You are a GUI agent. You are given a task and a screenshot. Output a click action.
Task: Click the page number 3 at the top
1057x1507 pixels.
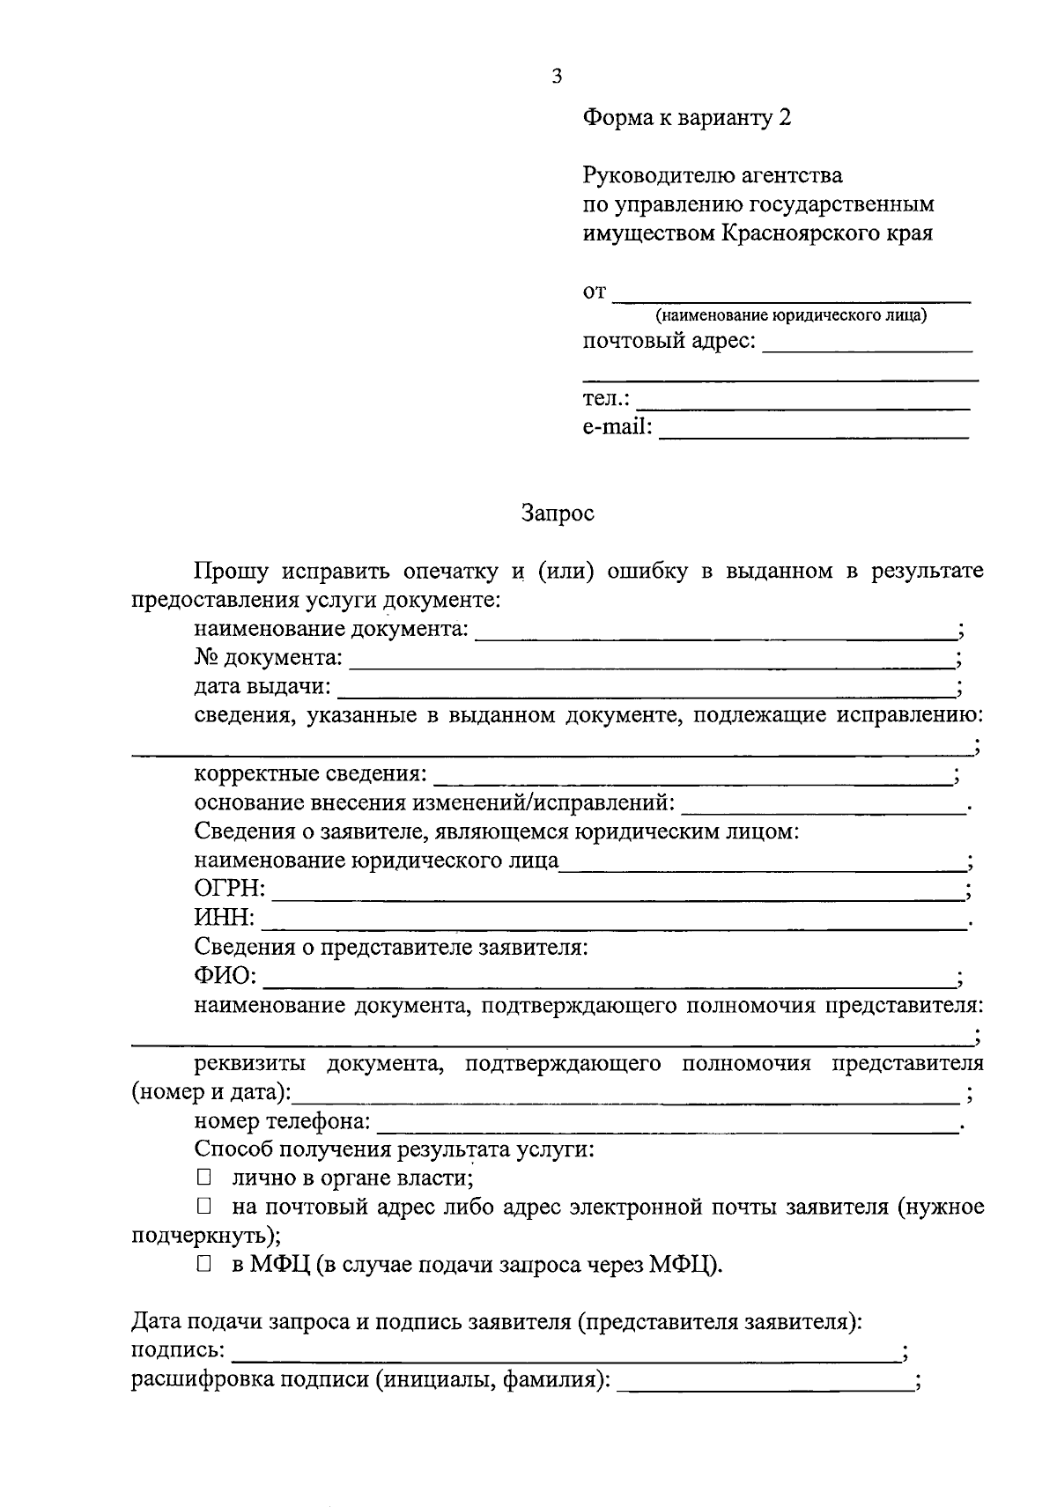[557, 76]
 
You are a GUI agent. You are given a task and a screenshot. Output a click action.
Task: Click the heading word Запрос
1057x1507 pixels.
[558, 513]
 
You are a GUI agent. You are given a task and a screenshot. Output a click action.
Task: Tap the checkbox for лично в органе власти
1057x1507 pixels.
[204, 1178]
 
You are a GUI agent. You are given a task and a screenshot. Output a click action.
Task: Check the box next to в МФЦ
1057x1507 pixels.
[204, 1265]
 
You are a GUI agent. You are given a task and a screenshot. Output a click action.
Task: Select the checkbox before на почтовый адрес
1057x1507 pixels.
[204, 1207]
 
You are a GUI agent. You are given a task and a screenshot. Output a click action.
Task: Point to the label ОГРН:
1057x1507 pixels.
[229, 890]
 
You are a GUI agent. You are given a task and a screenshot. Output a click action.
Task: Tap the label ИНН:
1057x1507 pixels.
[225, 920]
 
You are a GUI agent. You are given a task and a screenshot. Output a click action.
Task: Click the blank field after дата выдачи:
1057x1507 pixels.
[646, 691]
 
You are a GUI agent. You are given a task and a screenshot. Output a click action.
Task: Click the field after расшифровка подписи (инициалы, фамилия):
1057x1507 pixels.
[765, 1384]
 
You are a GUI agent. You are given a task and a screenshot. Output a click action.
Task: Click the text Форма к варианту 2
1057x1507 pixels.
[686, 118]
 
